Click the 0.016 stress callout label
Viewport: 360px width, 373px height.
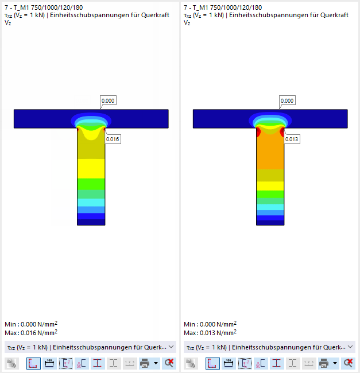click(x=113, y=139)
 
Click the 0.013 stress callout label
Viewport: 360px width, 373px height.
click(x=292, y=139)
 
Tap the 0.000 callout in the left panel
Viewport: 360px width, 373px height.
click(x=108, y=100)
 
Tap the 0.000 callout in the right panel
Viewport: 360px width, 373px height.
click(x=287, y=100)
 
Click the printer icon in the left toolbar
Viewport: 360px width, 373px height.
click(x=145, y=363)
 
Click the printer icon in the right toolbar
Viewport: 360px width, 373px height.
click(x=324, y=363)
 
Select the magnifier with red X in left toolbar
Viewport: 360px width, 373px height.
click(x=169, y=363)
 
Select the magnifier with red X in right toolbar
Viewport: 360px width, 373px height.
click(x=348, y=363)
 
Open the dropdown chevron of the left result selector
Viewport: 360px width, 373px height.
click(x=171, y=347)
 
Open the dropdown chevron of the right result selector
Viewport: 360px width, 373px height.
click(x=350, y=347)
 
